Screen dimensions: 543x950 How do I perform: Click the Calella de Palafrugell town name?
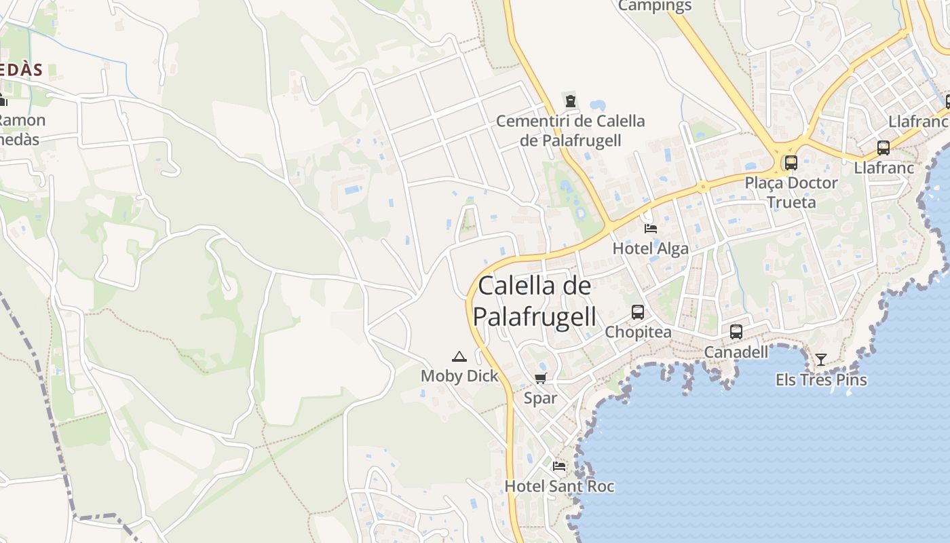(x=535, y=301)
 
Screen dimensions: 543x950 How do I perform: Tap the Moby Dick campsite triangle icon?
(x=459, y=357)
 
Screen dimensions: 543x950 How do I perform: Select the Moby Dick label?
(x=459, y=376)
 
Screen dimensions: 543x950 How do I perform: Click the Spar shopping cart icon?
(x=540, y=379)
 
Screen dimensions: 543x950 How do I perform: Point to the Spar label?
(x=540, y=398)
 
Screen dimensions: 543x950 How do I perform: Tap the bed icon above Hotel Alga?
(x=651, y=229)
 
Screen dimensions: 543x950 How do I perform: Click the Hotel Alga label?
(x=651, y=248)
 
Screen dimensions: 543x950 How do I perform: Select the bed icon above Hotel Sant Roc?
(x=559, y=466)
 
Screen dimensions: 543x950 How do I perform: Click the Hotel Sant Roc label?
(x=559, y=486)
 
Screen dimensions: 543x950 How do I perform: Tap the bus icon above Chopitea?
(x=638, y=312)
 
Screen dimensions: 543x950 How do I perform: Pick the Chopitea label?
(x=638, y=333)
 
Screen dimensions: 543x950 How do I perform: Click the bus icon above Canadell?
(x=736, y=332)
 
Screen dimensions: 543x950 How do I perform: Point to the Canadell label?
(x=736, y=352)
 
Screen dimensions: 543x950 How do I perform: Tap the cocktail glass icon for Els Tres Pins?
(x=821, y=359)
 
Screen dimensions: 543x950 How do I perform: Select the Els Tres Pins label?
(x=821, y=379)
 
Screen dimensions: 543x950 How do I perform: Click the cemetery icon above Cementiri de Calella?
(x=571, y=102)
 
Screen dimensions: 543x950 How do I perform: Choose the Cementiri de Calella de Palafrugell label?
(x=571, y=130)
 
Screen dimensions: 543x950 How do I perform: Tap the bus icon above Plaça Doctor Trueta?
(x=791, y=163)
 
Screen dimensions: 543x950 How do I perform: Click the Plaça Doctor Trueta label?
(x=791, y=192)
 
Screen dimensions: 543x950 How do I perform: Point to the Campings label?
(x=655, y=6)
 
